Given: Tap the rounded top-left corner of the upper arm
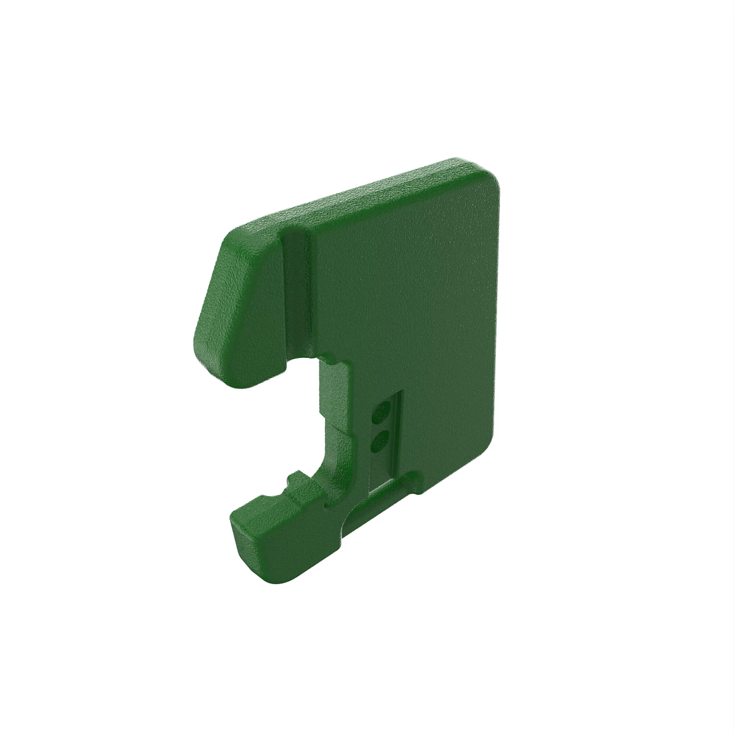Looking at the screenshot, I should tap(235, 235).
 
